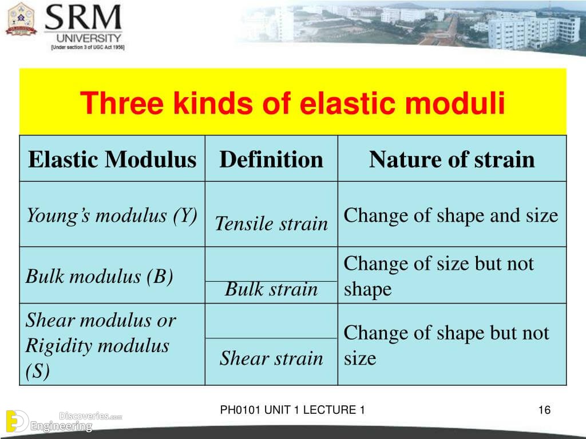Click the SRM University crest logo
coord(21,19)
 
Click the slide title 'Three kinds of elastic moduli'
coord(292,103)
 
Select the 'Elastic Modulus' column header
coord(112,159)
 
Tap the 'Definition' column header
coord(271,159)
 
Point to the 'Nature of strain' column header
coord(452,159)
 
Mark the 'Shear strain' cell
coord(271,358)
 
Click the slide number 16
coord(544,410)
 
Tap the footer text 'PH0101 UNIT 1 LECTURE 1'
coord(292,410)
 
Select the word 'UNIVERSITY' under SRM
coord(89,38)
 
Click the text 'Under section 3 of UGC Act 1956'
coord(88,47)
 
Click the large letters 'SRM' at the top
coord(83,17)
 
